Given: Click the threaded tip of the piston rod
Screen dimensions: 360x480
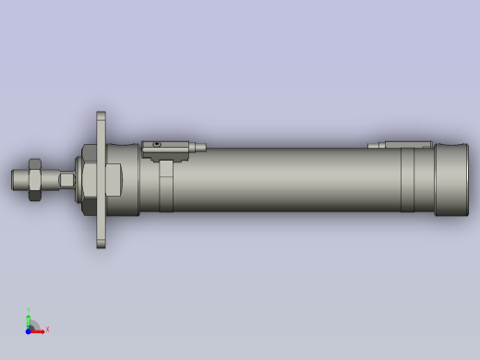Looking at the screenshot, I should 18,179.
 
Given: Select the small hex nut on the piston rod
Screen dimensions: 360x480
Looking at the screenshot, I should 32,179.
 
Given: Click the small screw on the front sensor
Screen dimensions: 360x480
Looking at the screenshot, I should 158,145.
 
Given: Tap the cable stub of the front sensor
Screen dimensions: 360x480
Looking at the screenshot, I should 198,147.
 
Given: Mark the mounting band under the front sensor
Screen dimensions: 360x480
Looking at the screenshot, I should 165,185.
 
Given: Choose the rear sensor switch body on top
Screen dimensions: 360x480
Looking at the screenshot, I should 407,144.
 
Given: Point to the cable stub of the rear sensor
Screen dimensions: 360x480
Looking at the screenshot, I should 376,145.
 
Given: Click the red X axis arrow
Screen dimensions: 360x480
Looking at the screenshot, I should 38,330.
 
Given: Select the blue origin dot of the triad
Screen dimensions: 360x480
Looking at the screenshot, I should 29,330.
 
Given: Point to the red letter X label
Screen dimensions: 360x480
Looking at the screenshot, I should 47,329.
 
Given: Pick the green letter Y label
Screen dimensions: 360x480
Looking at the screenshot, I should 29,309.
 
